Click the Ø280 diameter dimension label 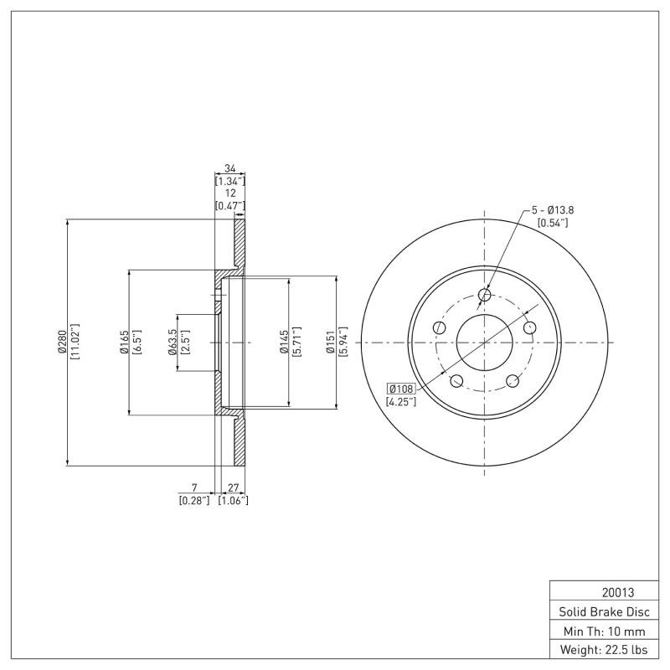tap(62, 342)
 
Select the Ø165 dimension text tap(123, 342)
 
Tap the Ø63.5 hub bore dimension tap(173, 342)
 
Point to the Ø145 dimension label tap(285, 342)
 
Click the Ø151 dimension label tap(332, 342)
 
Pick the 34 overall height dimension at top tap(229, 168)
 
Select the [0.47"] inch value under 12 tap(229, 205)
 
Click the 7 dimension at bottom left tap(193, 487)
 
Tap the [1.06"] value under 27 tap(233, 500)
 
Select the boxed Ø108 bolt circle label tap(401, 389)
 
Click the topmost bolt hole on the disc tap(484, 295)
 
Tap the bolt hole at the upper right tap(529, 327)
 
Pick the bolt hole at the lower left tap(456, 381)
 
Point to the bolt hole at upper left tap(439, 327)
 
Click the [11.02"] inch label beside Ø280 tap(75, 342)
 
